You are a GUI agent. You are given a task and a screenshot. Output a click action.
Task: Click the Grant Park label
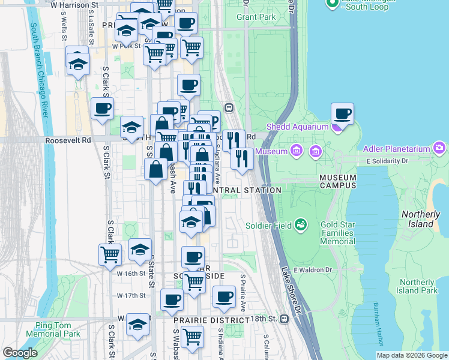256,17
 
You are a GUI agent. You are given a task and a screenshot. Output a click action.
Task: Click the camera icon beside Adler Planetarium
440,147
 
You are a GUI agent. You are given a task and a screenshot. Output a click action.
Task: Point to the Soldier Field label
268,226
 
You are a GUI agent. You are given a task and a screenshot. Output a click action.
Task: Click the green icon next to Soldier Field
301,225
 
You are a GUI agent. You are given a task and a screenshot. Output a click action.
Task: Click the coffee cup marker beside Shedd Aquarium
342,113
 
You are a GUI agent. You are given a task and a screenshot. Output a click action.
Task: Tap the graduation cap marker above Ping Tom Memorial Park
137,325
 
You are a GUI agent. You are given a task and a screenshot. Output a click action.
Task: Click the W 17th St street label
131,295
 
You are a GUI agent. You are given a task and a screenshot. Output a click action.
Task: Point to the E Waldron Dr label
313,270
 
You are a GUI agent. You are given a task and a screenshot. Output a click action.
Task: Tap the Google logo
20,353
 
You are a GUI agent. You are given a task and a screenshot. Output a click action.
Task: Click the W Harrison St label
74,5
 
